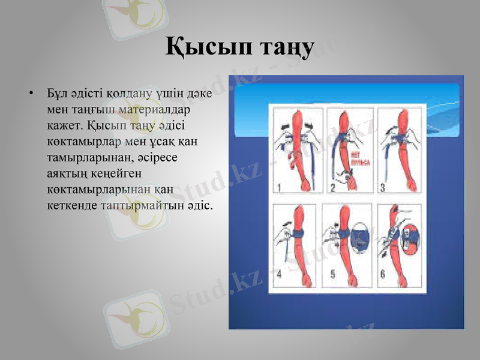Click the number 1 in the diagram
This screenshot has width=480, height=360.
click(x=278, y=188)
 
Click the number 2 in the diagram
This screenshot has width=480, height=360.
click(x=332, y=188)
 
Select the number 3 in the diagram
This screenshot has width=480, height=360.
click(x=382, y=188)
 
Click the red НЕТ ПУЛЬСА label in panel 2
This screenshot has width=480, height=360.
click(x=350, y=161)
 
